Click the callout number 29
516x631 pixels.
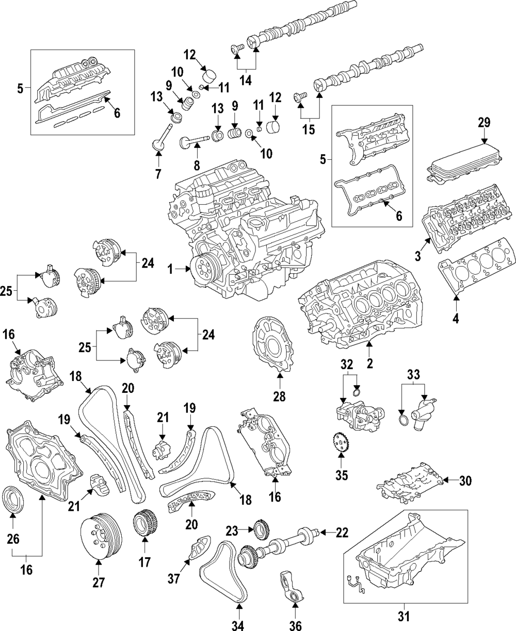(484, 122)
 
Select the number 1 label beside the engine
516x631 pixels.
(170, 269)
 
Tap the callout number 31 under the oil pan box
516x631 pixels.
(404, 616)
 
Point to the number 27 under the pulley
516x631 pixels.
(99, 582)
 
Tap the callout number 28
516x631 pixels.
(279, 396)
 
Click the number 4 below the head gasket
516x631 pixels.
(456, 319)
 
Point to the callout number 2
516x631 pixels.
(370, 363)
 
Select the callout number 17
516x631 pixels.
(144, 562)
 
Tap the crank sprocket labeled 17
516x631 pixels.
(145, 524)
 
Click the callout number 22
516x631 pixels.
(342, 532)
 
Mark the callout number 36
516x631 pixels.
(295, 625)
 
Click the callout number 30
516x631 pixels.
(465, 481)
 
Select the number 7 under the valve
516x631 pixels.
(158, 174)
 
